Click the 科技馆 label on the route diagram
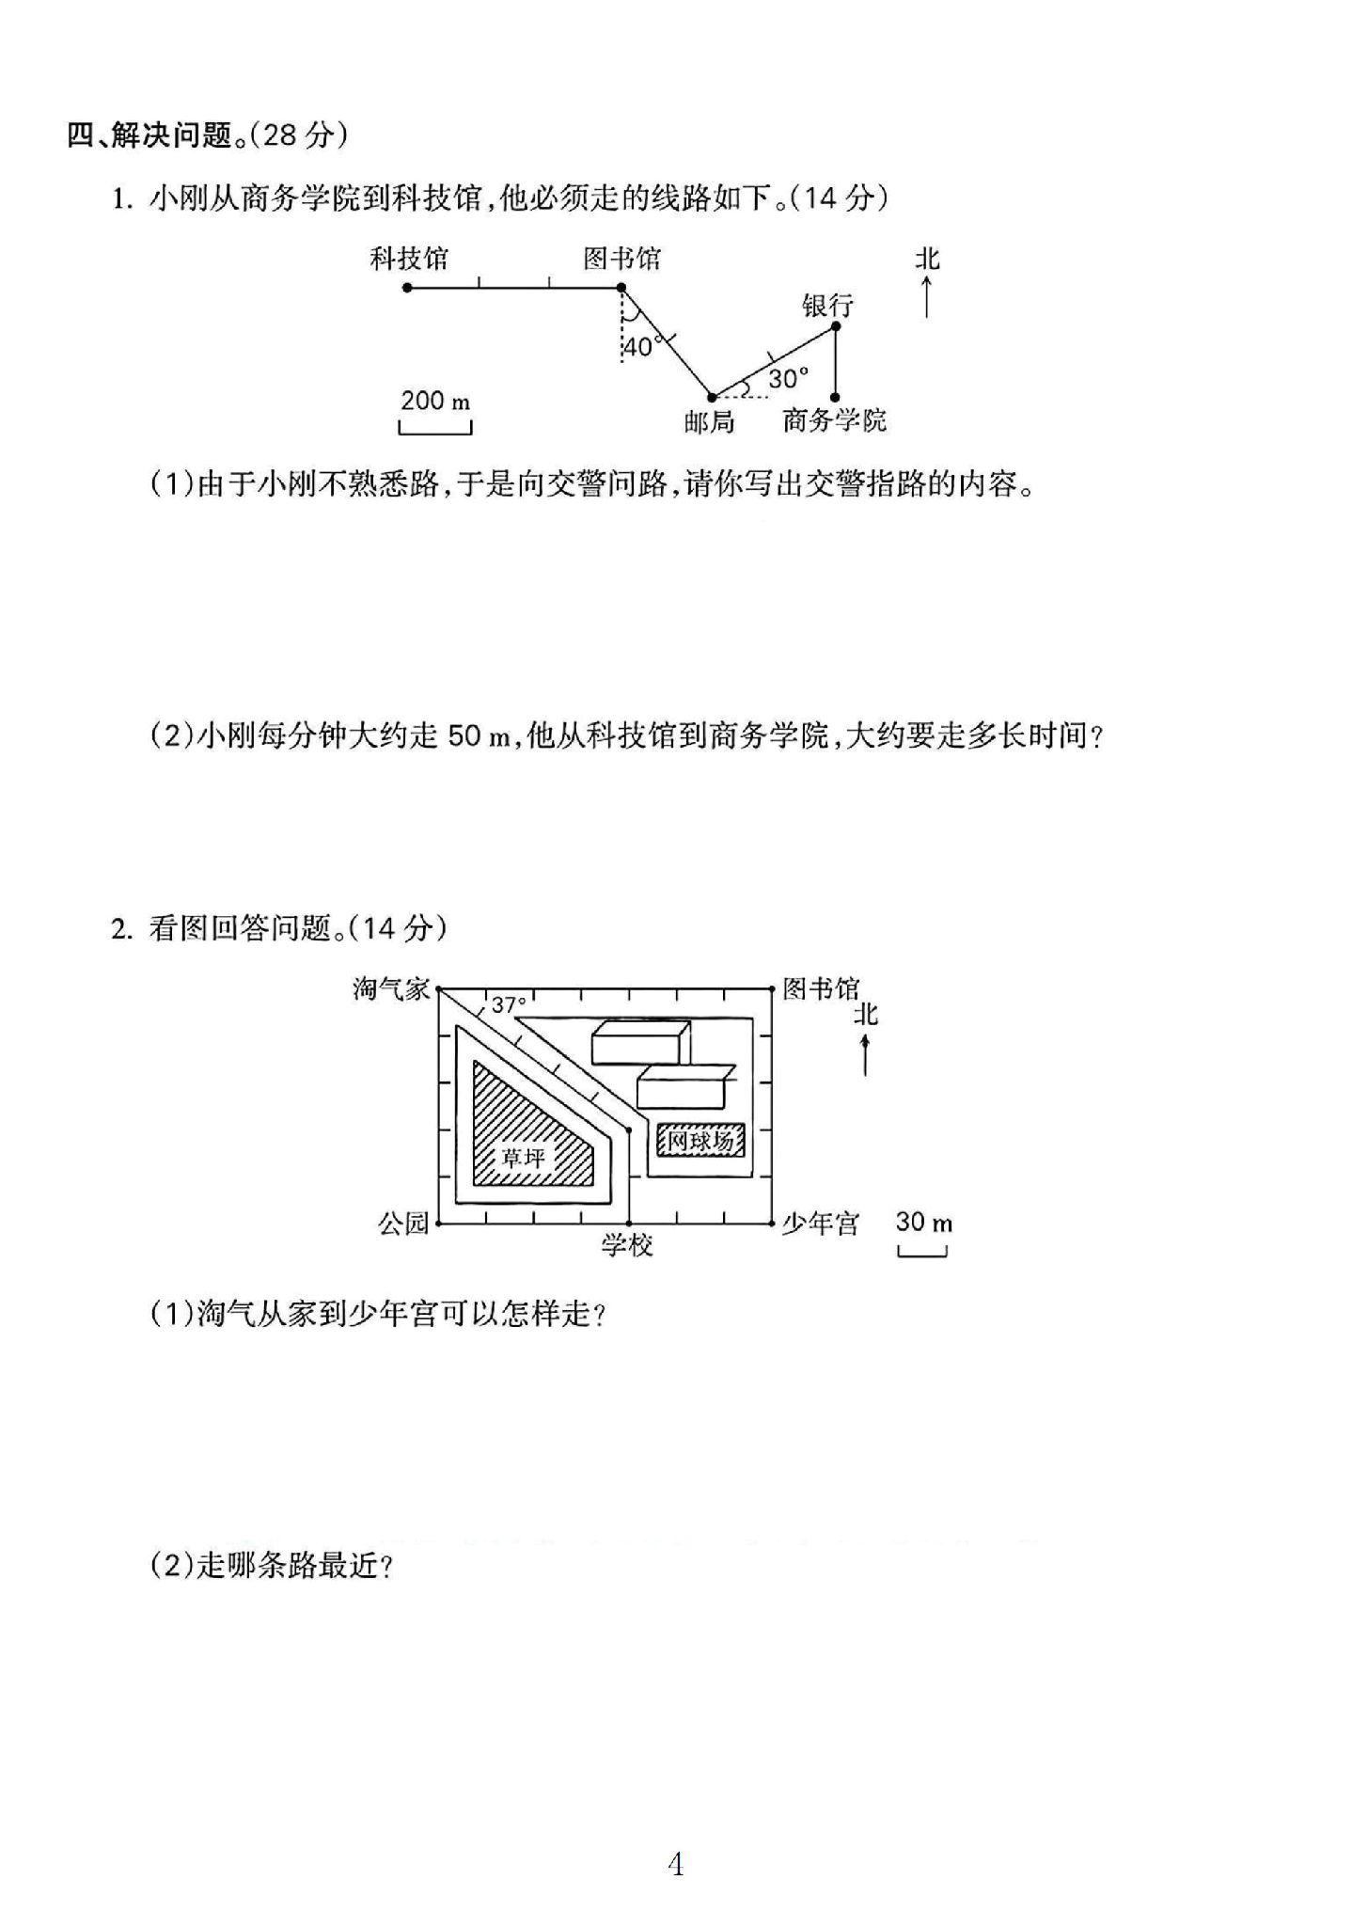[408, 259]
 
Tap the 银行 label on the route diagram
[827, 305]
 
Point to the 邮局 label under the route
[709, 421]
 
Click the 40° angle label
[641, 347]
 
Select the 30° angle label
[788, 378]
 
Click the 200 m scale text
[434, 401]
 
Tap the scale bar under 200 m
[435, 429]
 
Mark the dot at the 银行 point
[836, 326]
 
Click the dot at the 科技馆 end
[407, 287]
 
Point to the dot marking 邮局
[712, 397]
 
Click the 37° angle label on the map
[509, 1004]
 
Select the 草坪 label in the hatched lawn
[523, 1156]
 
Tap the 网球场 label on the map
[700, 1142]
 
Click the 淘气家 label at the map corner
[391, 988]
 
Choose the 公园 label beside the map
[403, 1223]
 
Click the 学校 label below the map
[627, 1245]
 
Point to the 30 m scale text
[923, 1222]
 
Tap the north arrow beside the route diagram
[927, 295]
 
